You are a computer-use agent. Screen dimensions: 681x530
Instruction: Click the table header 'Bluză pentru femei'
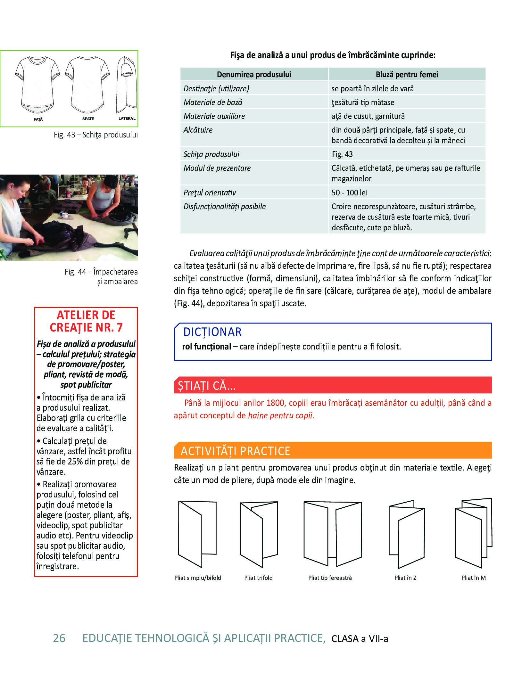[407, 75]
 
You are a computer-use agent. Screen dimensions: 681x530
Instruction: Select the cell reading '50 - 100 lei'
[349, 193]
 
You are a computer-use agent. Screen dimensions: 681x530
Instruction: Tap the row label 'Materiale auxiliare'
[214, 116]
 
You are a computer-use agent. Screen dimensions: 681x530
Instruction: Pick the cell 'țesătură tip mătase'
[363, 103]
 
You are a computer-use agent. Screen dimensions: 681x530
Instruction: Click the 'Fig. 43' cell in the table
[342, 154]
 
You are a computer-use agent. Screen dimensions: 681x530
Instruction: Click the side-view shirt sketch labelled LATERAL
[127, 86]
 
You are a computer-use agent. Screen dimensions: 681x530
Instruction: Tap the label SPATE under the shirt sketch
[88, 119]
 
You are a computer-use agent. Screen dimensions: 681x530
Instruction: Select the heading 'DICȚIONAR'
[212, 332]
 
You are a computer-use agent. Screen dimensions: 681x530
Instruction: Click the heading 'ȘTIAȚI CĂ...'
[207, 386]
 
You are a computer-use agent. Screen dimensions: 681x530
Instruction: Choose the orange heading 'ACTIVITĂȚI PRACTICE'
[235, 451]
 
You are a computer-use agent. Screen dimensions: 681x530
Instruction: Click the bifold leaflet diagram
[197, 534]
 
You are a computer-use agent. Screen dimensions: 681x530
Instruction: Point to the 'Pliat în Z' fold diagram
[406, 534]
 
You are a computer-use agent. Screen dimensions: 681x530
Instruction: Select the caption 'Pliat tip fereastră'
[330, 578]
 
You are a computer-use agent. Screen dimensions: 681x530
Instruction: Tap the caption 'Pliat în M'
[473, 578]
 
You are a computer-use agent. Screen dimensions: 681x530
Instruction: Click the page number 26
[59, 638]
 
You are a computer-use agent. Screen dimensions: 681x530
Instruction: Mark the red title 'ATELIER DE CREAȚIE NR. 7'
[86, 321]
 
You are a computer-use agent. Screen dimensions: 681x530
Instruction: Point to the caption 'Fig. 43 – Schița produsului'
[95, 135]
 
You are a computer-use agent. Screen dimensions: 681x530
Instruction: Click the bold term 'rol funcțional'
[206, 347]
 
